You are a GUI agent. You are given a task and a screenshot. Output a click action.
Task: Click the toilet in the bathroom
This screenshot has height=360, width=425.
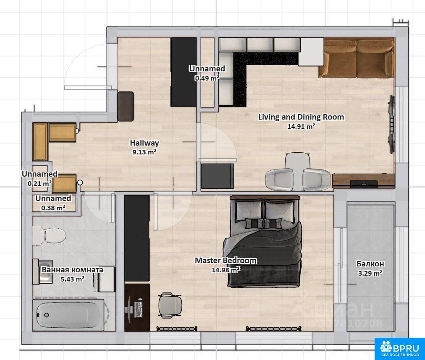click(x=49, y=235)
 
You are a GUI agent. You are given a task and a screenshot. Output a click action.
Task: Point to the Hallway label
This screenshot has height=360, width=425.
click(x=144, y=143)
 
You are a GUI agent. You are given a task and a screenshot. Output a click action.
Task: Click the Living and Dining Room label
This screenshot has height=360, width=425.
click(x=301, y=117)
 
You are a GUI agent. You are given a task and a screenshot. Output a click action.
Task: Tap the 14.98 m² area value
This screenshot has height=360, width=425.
click(x=226, y=270)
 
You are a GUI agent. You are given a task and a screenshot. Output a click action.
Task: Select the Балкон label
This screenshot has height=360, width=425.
click(x=370, y=263)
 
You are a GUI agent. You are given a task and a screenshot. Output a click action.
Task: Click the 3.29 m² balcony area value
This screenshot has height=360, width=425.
click(x=370, y=273)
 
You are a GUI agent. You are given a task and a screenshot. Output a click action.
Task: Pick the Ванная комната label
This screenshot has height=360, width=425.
click(x=72, y=270)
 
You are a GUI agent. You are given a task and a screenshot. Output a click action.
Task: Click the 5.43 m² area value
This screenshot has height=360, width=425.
click(x=72, y=279)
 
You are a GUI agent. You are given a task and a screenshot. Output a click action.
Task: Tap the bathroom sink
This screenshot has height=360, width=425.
click(x=43, y=272)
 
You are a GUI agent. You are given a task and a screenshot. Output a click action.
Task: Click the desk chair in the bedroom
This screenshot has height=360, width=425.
click(x=170, y=305)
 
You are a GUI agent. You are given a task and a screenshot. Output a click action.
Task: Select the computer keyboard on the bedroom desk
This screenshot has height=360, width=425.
click(x=139, y=309)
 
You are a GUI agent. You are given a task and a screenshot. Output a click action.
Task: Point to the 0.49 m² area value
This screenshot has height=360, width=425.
click(x=207, y=78)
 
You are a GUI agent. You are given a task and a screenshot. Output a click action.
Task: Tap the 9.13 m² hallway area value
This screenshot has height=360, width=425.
click(x=144, y=152)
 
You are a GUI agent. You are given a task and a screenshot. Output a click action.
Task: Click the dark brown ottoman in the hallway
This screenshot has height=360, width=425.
click(x=126, y=107)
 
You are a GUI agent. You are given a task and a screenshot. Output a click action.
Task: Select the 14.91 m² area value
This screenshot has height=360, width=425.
click(x=301, y=126)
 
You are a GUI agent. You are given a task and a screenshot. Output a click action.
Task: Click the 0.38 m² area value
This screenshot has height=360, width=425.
click(x=53, y=208)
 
